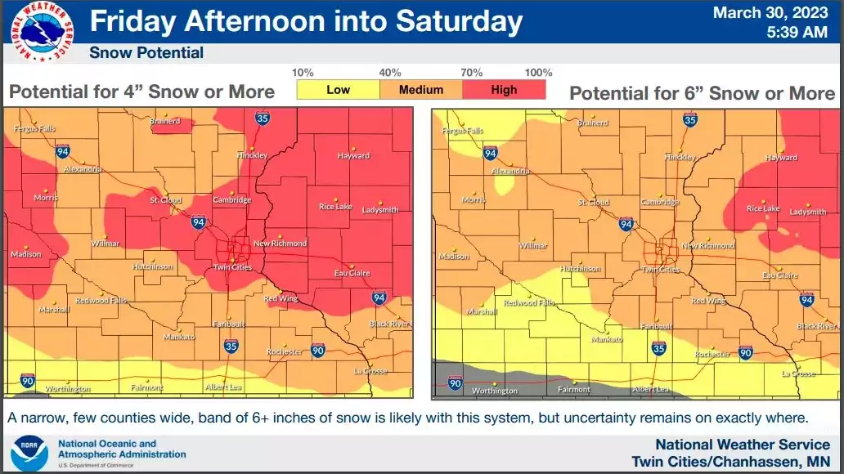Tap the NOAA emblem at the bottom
(29, 452)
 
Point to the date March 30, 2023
(770, 13)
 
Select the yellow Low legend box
(338, 90)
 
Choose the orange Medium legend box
(421, 90)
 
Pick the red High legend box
(504, 90)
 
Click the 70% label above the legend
(471, 73)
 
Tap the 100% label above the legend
(538, 73)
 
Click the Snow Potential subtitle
(146, 53)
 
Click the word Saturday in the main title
(459, 21)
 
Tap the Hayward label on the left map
(353, 155)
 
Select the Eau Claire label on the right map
(779, 275)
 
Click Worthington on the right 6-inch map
(495, 391)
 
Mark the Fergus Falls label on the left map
(37, 131)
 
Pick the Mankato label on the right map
(607, 339)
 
